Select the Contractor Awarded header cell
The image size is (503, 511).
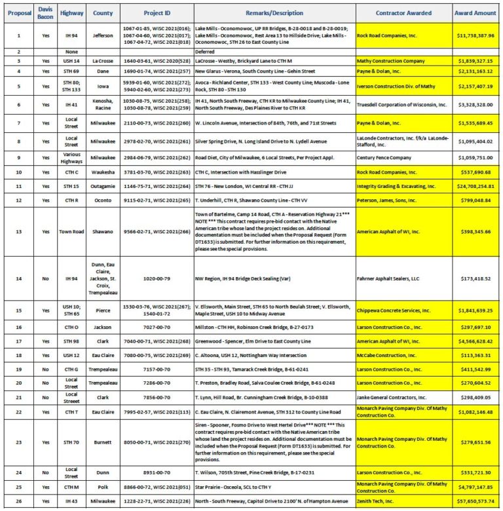(x=403, y=12)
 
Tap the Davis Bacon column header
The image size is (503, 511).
(x=45, y=12)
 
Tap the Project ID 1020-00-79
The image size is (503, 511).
(x=151, y=278)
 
